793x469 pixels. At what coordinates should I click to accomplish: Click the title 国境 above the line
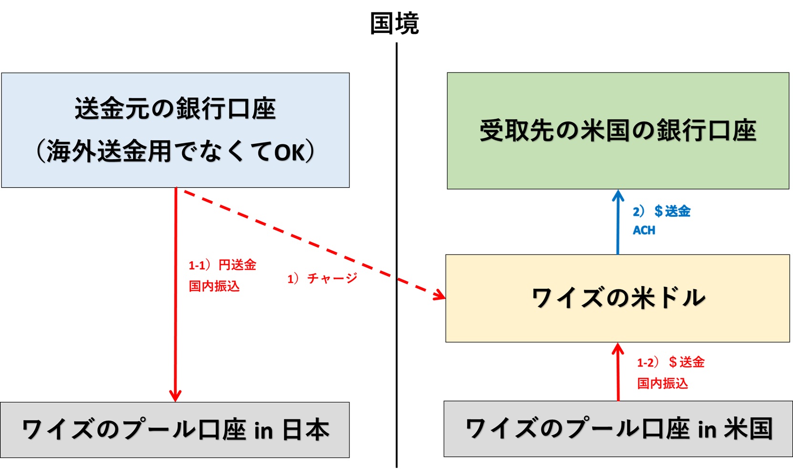[x=394, y=24]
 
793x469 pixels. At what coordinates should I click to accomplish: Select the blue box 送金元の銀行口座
[x=175, y=130]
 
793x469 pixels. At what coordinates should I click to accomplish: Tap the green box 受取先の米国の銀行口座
[x=618, y=131]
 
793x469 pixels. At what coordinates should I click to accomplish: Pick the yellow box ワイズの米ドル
[x=618, y=298]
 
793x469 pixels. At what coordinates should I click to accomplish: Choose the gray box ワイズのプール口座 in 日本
[x=175, y=429]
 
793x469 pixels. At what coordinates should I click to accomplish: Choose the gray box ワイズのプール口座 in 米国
[x=618, y=428]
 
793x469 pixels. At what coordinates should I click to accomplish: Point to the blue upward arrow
[x=618, y=224]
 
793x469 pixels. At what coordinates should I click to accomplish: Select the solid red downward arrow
[x=175, y=296]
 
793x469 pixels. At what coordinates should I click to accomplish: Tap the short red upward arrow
[x=618, y=374]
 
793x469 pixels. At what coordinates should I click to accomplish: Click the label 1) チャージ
[x=322, y=278]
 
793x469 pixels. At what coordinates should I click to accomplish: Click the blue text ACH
[x=644, y=231]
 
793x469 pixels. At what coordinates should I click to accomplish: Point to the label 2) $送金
[x=661, y=211]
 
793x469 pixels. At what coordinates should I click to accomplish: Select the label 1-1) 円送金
[x=222, y=265]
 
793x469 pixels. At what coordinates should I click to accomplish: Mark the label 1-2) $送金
[x=670, y=362]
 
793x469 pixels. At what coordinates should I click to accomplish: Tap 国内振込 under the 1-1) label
[x=214, y=286]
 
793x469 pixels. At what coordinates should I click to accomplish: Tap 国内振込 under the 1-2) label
[x=662, y=383]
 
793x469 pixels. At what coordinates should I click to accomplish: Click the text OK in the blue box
[x=289, y=153]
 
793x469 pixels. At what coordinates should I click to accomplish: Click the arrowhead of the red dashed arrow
[x=440, y=296]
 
